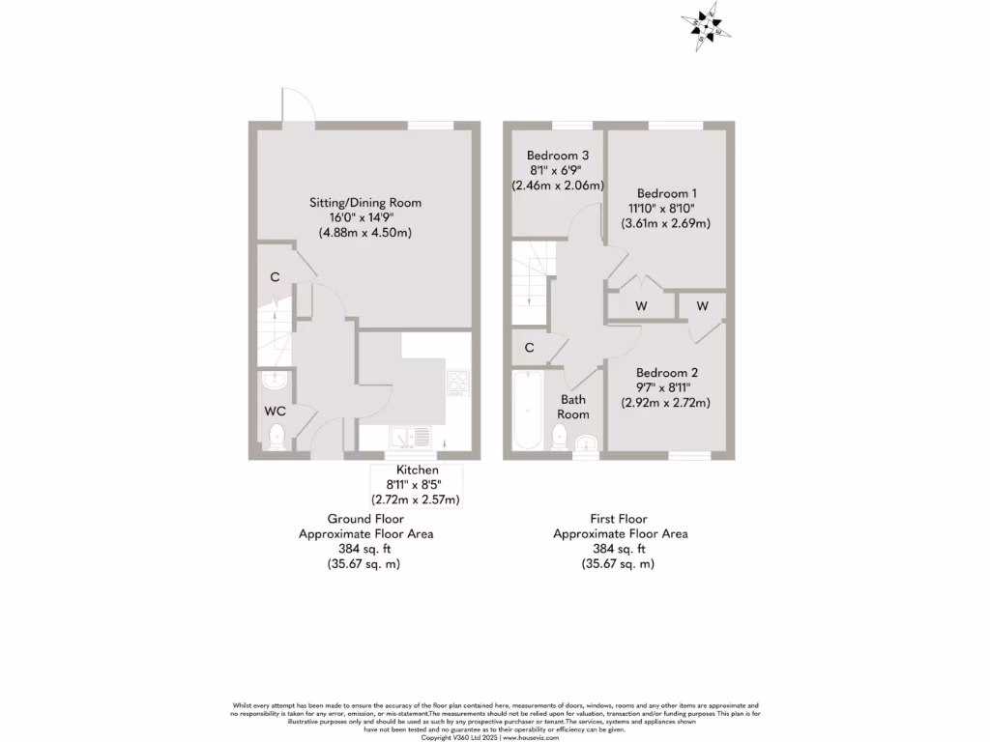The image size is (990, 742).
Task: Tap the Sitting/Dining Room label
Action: coord(364,203)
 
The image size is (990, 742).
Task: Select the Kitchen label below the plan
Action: coord(417,470)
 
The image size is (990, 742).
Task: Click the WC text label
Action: coord(275,411)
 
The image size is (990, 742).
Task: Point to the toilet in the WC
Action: coord(277,436)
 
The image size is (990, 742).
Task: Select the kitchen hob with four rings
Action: coord(456,383)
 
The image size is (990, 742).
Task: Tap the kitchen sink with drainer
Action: coord(412,438)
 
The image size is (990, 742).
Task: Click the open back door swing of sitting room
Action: coord(296,105)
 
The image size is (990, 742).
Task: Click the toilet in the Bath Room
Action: coord(560,438)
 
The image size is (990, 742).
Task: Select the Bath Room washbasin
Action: coord(587,443)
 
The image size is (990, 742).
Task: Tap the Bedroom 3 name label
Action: coord(558,156)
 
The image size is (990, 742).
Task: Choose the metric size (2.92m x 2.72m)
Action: coord(665,403)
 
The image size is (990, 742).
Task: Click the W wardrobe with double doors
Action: coord(641,306)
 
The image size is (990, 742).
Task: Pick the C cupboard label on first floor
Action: coord(529,348)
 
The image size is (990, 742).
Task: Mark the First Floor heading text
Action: coord(620,518)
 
